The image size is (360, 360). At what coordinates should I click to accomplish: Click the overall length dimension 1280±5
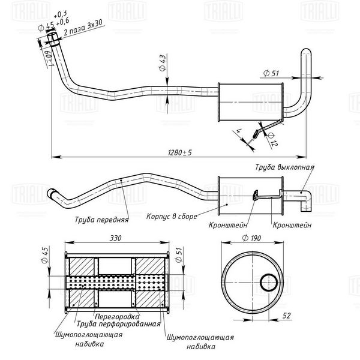[x=180, y=152]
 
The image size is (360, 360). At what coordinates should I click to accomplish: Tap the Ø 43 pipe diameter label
[x=163, y=62]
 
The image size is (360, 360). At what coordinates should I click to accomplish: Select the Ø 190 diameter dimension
[x=251, y=238]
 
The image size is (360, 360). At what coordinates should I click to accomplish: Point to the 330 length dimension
[x=115, y=238]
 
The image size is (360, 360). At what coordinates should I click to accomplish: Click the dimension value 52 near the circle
[x=287, y=316]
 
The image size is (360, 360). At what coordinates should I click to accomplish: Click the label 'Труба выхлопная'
[x=284, y=167]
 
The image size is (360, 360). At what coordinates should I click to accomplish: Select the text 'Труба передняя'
[x=101, y=220]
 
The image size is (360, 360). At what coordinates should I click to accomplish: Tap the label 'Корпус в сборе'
[x=172, y=216]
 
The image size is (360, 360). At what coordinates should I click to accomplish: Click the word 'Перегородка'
[x=117, y=317]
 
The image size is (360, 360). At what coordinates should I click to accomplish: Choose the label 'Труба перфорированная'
[x=118, y=324]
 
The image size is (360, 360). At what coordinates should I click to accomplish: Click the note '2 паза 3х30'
[x=83, y=28]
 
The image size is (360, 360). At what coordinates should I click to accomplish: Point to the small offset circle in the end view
[x=269, y=283]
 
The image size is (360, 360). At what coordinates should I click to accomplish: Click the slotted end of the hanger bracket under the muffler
[x=255, y=134]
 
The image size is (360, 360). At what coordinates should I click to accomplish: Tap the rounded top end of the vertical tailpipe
[x=306, y=51]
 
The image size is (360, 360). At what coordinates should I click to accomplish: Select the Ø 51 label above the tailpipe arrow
[x=271, y=73]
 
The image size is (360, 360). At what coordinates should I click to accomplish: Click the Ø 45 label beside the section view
[x=44, y=255]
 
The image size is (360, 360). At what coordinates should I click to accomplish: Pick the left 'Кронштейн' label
[x=228, y=225]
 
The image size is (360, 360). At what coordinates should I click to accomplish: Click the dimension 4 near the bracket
[x=239, y=131]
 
